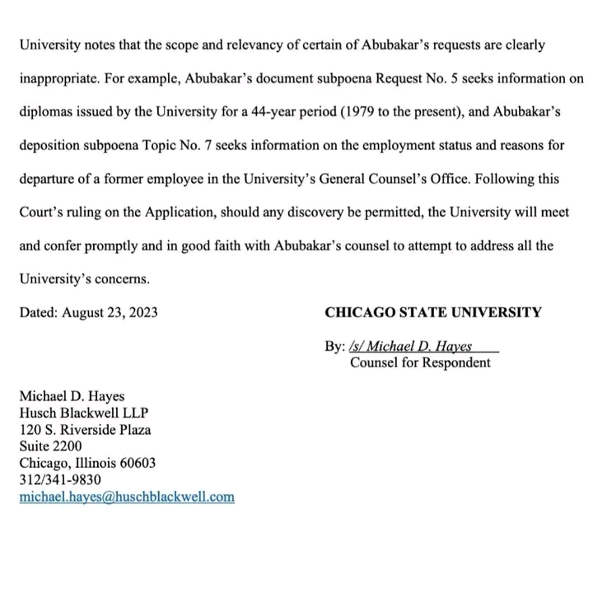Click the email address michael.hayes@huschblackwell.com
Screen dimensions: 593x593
click(x=127, y=497)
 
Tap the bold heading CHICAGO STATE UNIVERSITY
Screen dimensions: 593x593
click(x=433, y=312)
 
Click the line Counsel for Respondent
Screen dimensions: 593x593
click(x=420, y=362)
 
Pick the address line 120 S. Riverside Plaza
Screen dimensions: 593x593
click(x=85, y=429)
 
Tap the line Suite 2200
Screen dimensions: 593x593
click(x=50, y=446)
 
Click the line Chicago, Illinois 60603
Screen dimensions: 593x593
click(x=86, y=463)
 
